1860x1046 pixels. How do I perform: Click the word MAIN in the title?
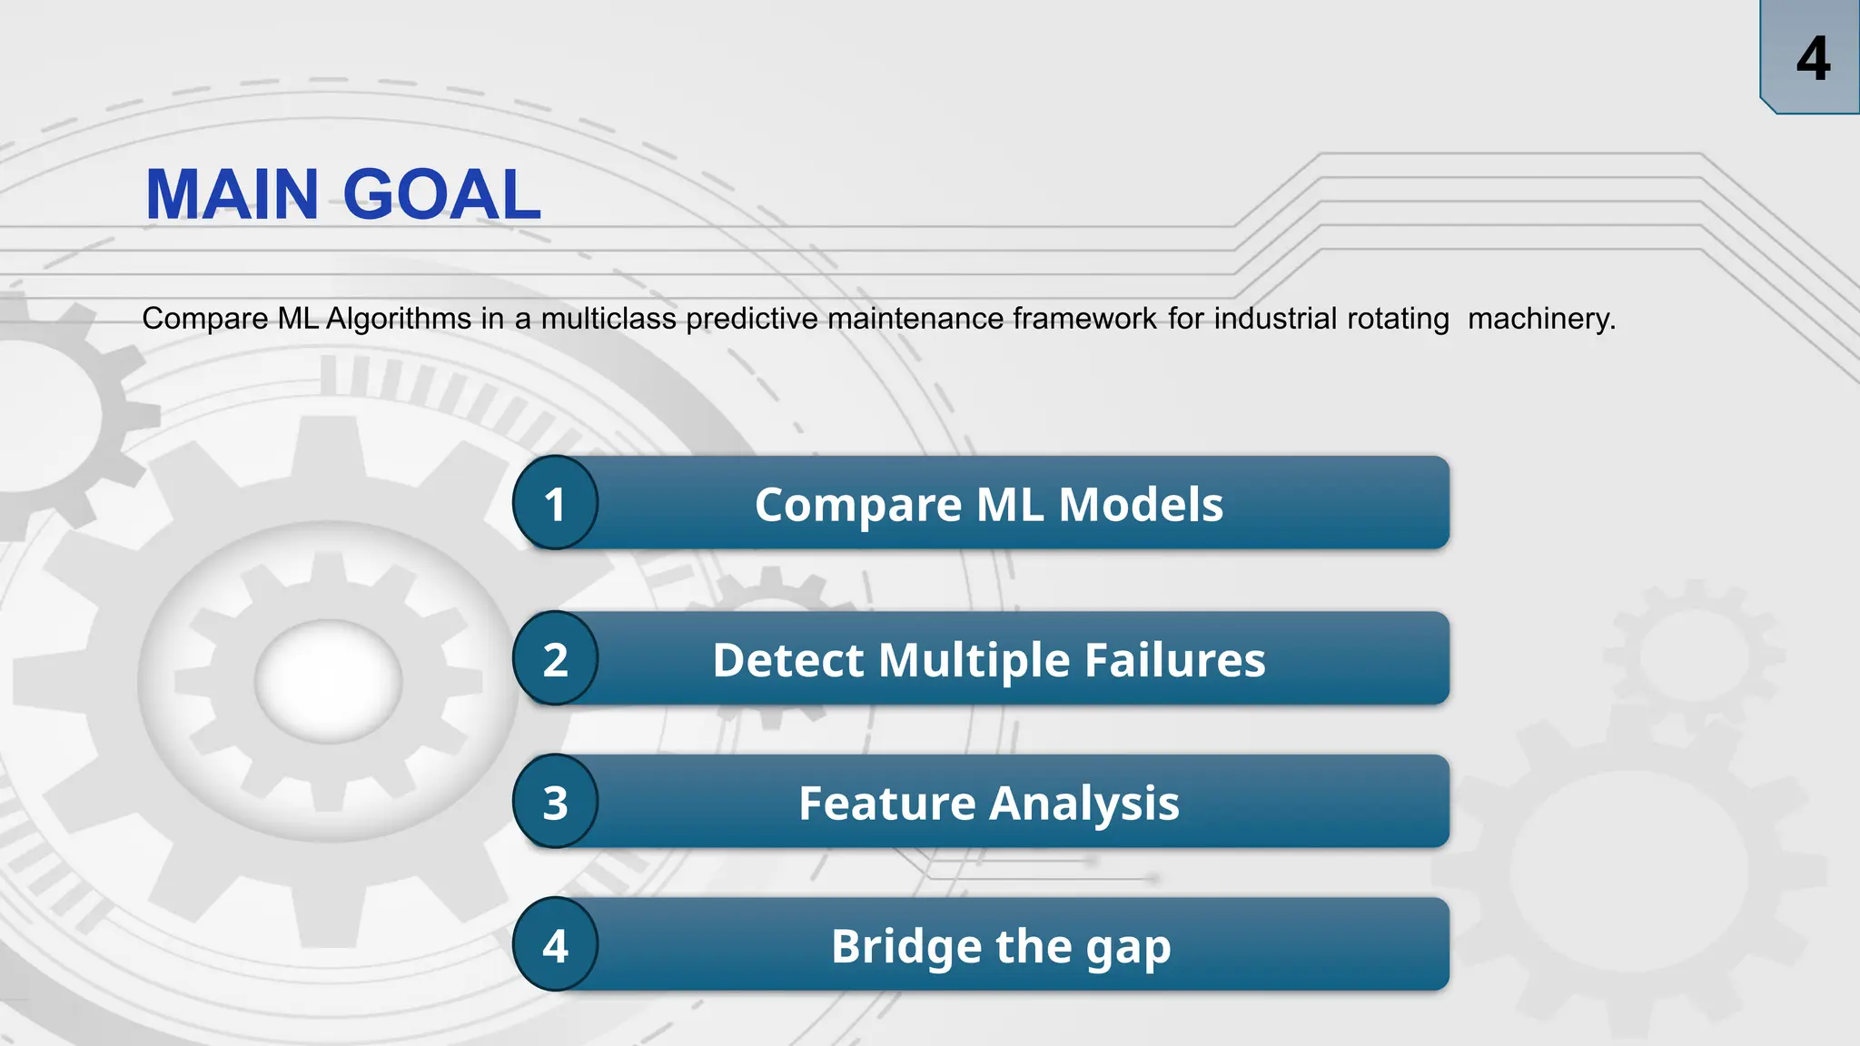(232, 194)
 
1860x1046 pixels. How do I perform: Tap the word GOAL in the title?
(442, 194)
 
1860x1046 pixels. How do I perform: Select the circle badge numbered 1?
(555, 504)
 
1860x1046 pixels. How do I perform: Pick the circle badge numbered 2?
(555, 659)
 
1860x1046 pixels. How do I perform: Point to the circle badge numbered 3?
(555, 803)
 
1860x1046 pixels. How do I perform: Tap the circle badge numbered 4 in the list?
(555, 945)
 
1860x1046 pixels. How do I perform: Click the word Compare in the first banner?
(857, 505)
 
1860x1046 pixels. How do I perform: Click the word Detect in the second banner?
(787, 660)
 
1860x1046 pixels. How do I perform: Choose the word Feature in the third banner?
(886, 804)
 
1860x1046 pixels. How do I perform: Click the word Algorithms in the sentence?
(399, 319)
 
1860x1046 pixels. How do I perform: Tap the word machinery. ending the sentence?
(1541, 319)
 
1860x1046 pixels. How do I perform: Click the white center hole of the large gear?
(328, 681)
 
